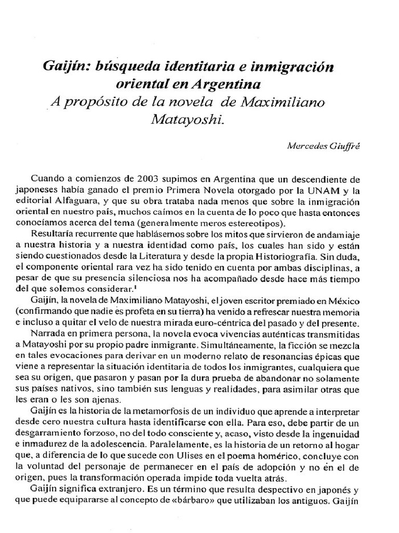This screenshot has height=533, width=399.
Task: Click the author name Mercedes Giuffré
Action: pos(323,146)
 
